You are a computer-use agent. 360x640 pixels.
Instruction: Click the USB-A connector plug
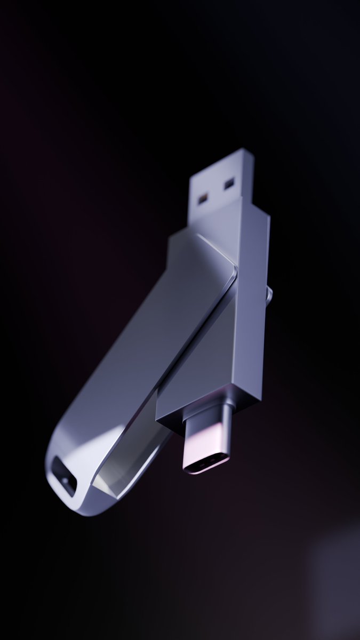[x=220, y=187]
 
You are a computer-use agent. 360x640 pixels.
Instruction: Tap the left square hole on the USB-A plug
[x=203, y=199]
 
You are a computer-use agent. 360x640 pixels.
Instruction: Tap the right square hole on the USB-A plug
[x=229, y=184]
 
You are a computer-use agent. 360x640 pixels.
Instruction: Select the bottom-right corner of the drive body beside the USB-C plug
[x=259, y=397]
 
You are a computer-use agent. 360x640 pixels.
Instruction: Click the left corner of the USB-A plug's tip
[x=191, y=174]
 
